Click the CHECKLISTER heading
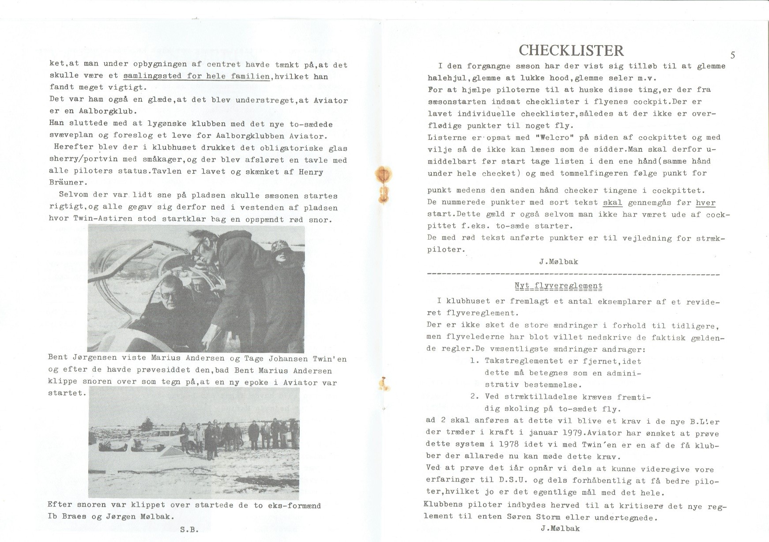click(x=571, y=50)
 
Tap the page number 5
click(x=733, y=55)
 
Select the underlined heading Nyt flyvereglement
click(x=558, y=286)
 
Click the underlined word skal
click(x=612, y=203)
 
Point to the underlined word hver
click(x=705, y=203)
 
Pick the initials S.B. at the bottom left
click(x=189, y=530)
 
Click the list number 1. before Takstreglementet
click(x=475, y=361)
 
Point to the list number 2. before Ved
click(x=475, y=397)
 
